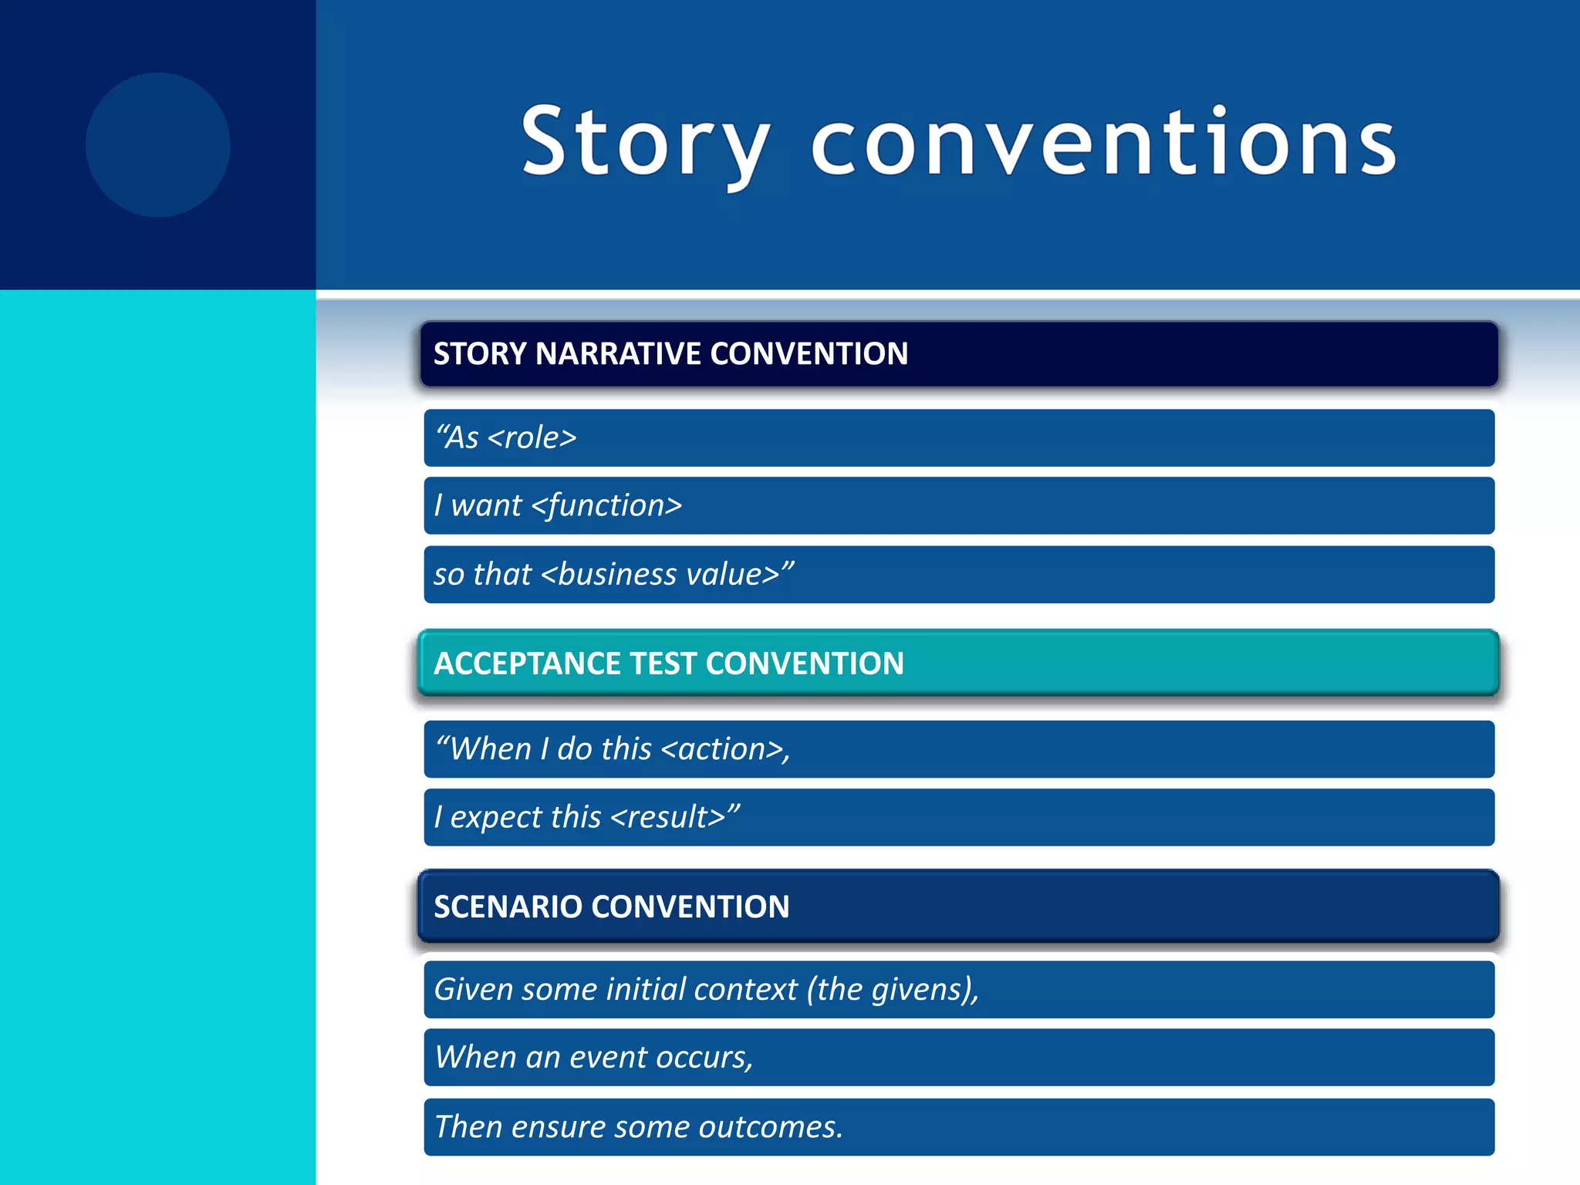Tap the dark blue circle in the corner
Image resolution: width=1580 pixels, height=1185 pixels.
[157, 145]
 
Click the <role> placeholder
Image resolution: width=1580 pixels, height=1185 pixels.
[532, 438]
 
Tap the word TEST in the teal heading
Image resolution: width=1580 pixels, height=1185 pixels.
[663, 664]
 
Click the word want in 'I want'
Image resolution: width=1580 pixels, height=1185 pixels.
[486, 506]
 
